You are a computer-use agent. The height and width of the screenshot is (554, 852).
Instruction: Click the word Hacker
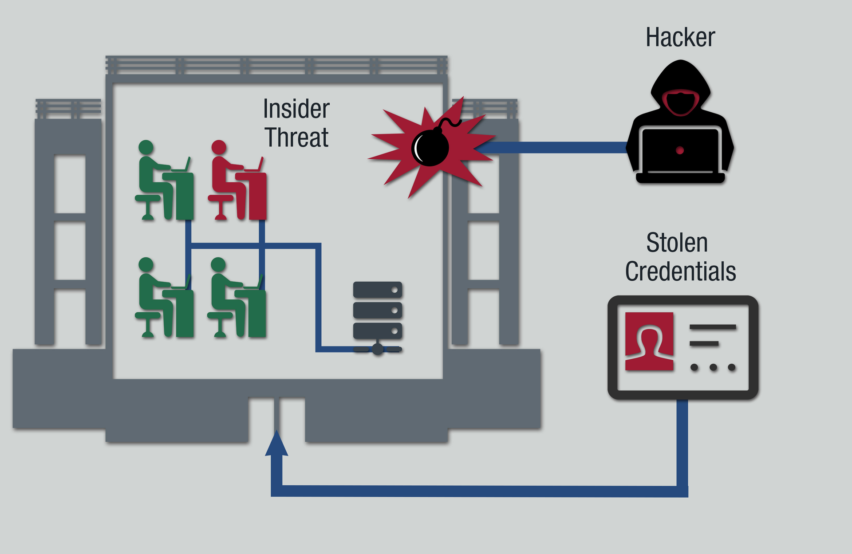680,37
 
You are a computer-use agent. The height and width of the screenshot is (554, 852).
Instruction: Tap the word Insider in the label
296,109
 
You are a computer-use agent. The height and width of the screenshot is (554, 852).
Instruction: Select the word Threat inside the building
296,138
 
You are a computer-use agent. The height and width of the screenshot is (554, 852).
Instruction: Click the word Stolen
677,243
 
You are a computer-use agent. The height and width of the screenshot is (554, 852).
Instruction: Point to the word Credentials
680,271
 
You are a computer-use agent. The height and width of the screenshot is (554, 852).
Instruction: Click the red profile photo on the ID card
649,341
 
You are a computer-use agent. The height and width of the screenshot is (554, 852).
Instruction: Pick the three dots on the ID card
713,367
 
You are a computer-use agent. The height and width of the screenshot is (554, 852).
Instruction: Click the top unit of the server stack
377,290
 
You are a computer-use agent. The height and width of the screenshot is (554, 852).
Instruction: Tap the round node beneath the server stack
378,350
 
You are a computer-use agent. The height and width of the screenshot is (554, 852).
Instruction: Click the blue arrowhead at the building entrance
276,444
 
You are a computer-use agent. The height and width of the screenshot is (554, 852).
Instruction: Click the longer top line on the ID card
713,327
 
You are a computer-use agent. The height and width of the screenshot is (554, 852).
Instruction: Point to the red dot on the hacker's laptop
680,150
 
